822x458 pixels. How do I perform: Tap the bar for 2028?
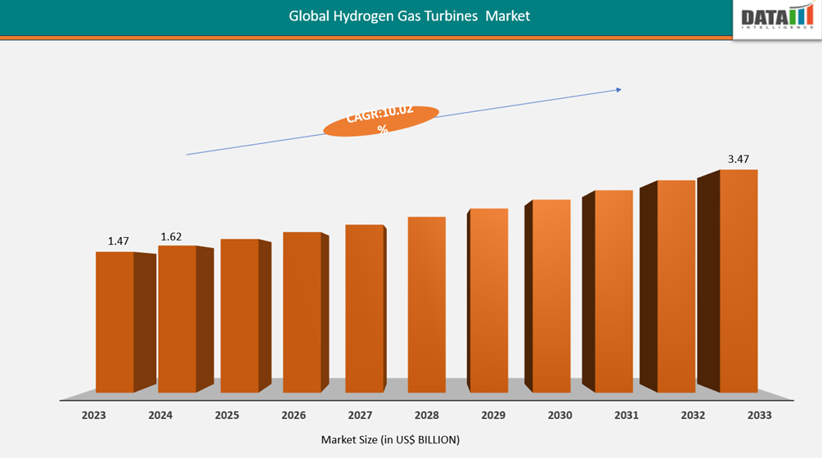(x=426, y=304)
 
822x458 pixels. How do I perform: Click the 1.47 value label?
(x=119, y=241)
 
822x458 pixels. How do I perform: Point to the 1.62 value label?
(x=171, y=237)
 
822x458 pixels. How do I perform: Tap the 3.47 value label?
(x=739, y=158)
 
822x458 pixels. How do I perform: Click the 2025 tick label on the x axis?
(x=227, y=415)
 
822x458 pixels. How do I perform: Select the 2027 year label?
(x=360, y=415)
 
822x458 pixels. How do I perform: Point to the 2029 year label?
(x=493, y=415)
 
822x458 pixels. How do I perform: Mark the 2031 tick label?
(x=627, y=415)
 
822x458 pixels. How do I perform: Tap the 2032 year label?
(x=693, y=415)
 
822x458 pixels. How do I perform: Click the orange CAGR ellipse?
(x=381, y=120)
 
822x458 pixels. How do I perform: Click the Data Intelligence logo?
(x=777, y=18)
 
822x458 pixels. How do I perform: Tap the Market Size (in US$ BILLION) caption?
(x=390, y=440)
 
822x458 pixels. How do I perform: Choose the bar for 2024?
(x=177, y=319)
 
